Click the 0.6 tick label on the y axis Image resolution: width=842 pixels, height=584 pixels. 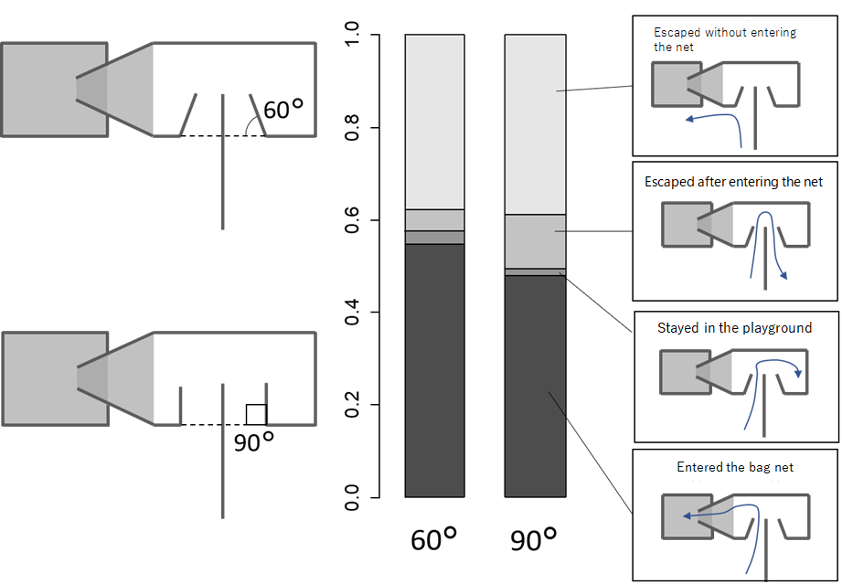(354, 220)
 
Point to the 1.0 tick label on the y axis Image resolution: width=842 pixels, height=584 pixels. (354, 36)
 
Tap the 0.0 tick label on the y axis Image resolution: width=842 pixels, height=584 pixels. (354, 497)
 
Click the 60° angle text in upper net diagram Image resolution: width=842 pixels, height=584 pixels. (282, 111)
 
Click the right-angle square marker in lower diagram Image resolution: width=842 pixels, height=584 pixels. (256, 415)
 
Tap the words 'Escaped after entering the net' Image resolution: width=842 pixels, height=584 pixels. (733, 182)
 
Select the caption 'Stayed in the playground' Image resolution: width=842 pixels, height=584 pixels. (734, 327)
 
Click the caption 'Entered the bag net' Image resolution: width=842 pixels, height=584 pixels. (735, 467)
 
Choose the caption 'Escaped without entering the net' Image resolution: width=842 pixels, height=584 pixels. (725, 38)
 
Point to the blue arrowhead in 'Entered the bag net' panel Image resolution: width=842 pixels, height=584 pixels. (686, 515)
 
